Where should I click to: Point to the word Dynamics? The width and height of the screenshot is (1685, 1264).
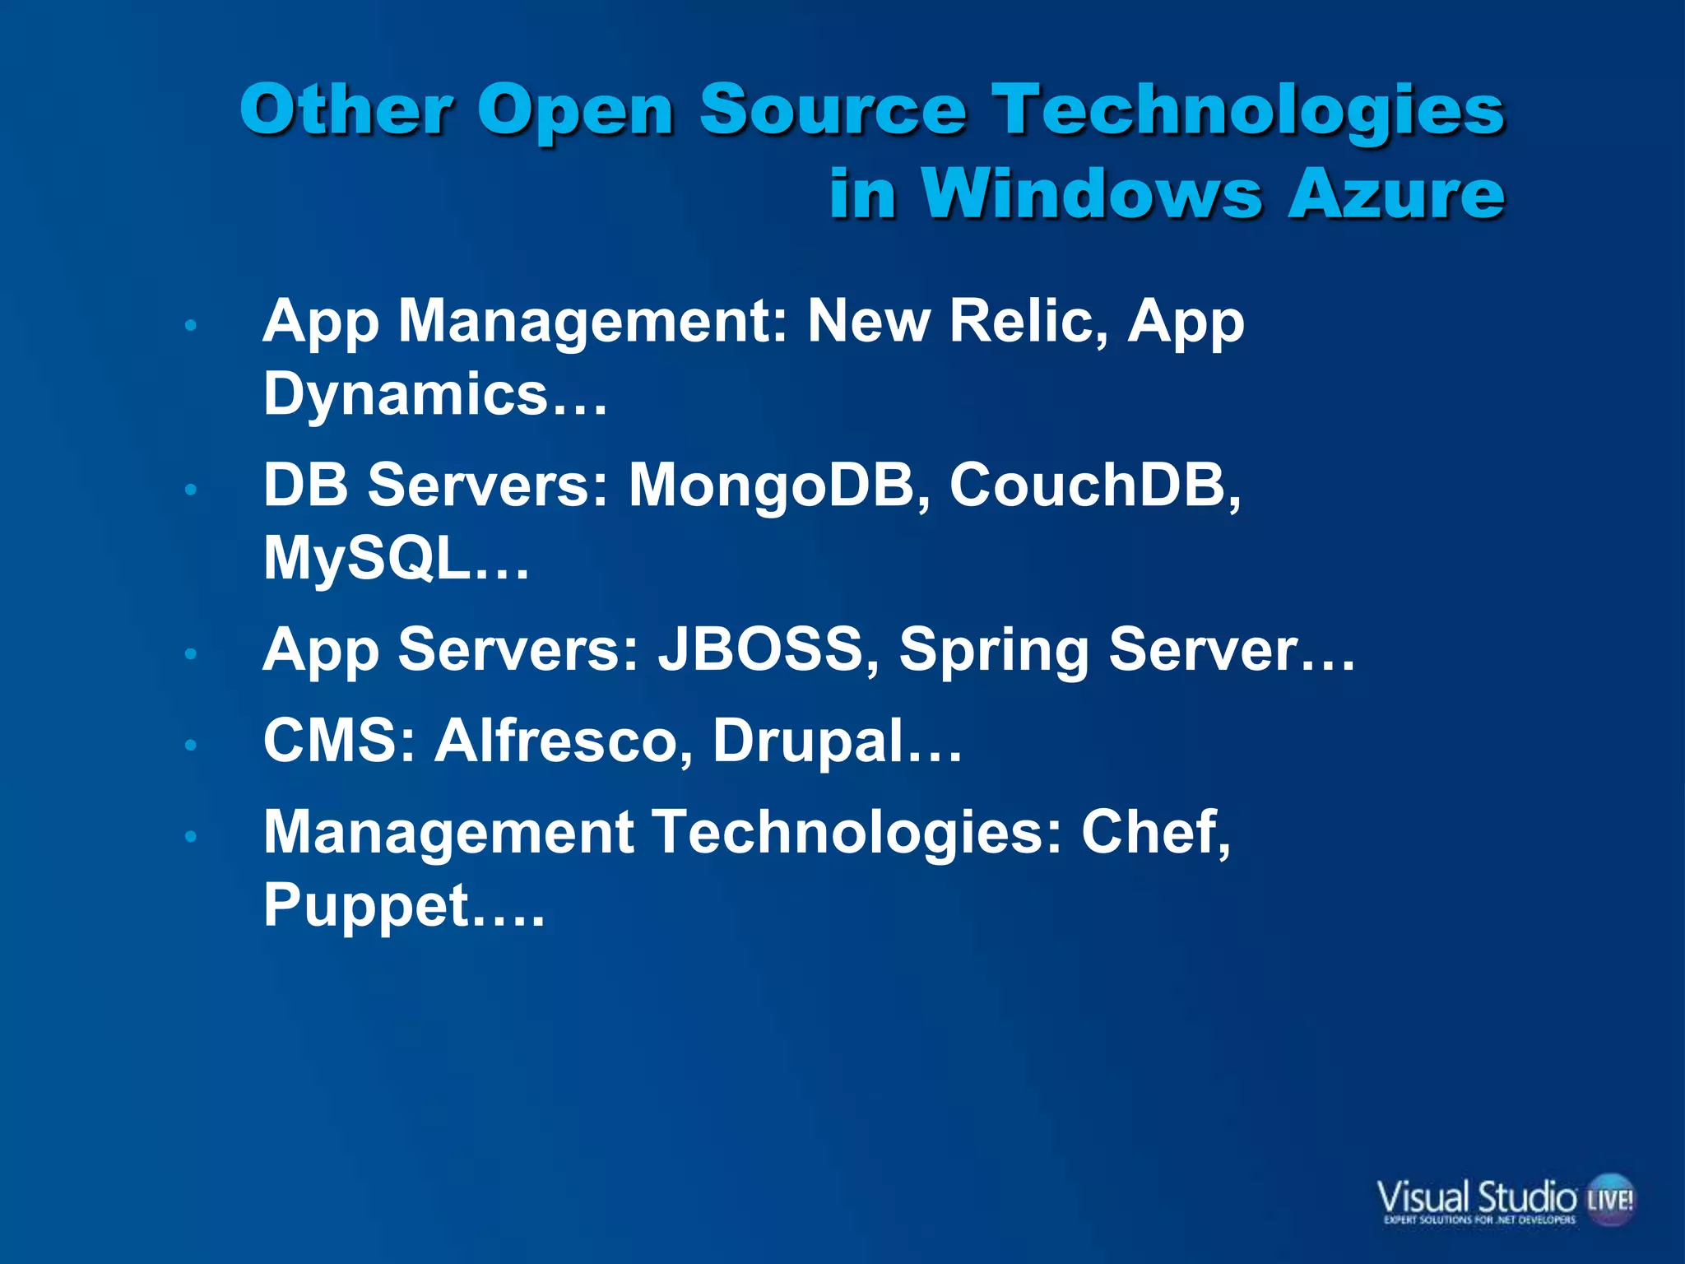[406, 394]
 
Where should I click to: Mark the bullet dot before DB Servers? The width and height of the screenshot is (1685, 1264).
[191, 490]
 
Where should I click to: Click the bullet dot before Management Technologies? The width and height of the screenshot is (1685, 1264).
[191, 837]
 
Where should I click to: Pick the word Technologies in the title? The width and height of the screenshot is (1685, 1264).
[1249, 111]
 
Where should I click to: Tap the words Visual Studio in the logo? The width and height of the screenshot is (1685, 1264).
[1477, 1196]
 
